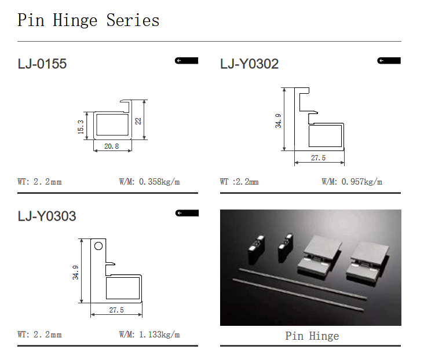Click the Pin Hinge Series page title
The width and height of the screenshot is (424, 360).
(x=89, y=21)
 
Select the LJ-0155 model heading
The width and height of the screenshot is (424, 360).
(x=42, y=64)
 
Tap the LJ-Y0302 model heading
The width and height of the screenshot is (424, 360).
(x=249, y=64)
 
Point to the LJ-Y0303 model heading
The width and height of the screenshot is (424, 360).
(x=47, y=216)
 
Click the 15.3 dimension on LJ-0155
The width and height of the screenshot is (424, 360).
(x=81, y=127)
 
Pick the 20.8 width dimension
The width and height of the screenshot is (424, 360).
(x=112, y=146)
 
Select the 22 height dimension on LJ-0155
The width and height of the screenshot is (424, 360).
(x=138, y=121)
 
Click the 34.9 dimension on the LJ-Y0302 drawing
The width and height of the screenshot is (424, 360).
(x=278, y=121)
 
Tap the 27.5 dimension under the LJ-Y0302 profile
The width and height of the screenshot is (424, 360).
(x=318, y=158)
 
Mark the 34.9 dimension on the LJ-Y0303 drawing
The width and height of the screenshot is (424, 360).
(x=75, y=273)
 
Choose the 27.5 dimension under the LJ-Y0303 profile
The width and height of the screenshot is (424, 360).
(x=116, y=310)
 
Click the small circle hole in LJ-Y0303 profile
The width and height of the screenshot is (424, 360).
(x=98, y=246)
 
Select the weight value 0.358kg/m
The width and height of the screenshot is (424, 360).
(x=159, y=182)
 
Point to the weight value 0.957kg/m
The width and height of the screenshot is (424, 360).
(x=362, y=182)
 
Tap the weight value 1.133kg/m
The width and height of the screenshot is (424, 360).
(x=159, y=335)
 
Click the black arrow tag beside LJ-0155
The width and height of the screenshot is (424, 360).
(x=187, y=61)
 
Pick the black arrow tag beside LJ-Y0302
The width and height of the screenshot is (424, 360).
(x=389, y=61)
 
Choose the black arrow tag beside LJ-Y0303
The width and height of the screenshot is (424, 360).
(x=187, y=213)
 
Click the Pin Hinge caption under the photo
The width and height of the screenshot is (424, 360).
(x=312, y=336)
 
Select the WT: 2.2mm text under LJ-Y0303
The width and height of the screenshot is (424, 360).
(x=40, y=335)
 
